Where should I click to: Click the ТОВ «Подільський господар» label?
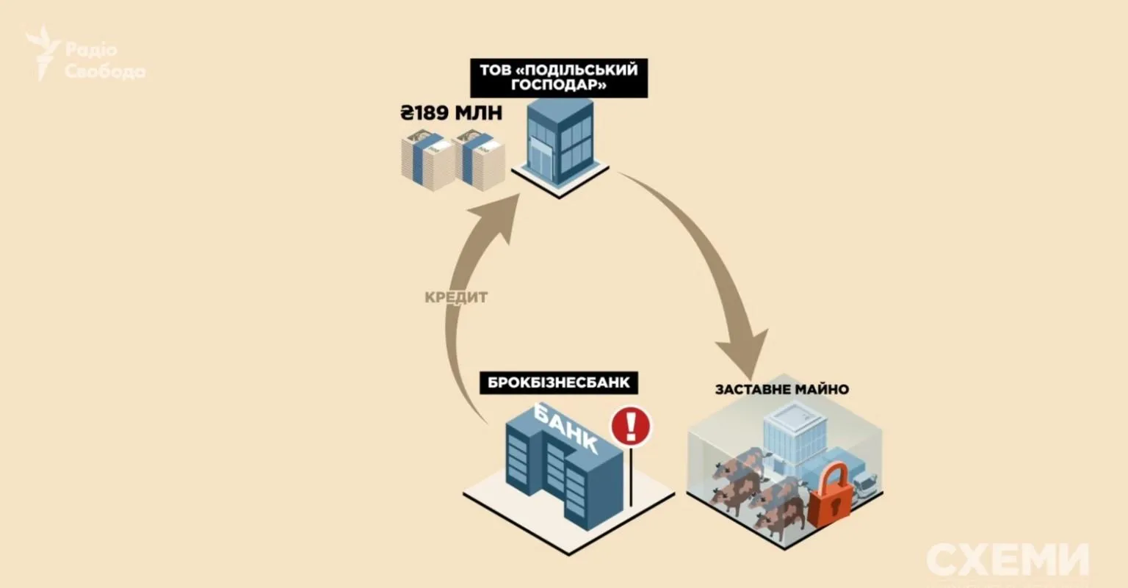point(558,77)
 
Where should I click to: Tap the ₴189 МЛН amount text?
point(451,114)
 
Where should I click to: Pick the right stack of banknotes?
point(479,160)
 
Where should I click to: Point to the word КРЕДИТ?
point(456,297)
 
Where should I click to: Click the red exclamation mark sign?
point(631,425)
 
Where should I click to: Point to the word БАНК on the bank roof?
point(566,432)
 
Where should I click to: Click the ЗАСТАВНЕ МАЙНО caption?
point(781,389)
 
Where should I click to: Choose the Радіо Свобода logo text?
point(104,61)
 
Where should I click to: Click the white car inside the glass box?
point(867,485)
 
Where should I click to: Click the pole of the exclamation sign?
point(631,477)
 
